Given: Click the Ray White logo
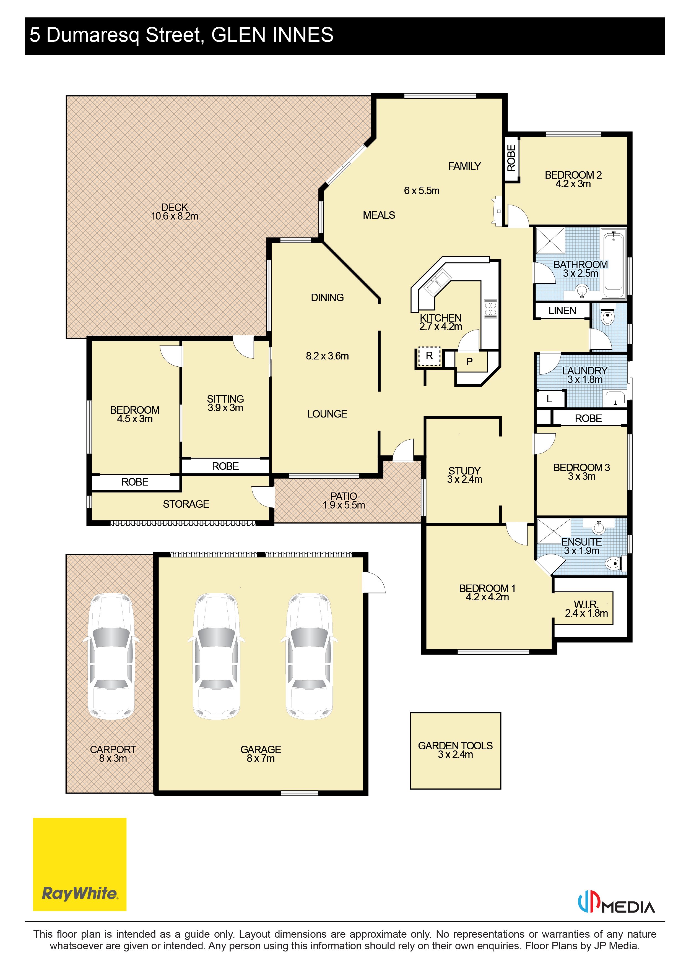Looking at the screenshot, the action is [79, 864].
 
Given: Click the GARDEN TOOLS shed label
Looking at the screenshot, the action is [455, 746].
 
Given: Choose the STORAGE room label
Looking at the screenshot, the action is [186, 504].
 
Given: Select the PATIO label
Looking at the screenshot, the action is [344, 496].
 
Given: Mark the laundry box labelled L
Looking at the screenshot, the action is [549, 399].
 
